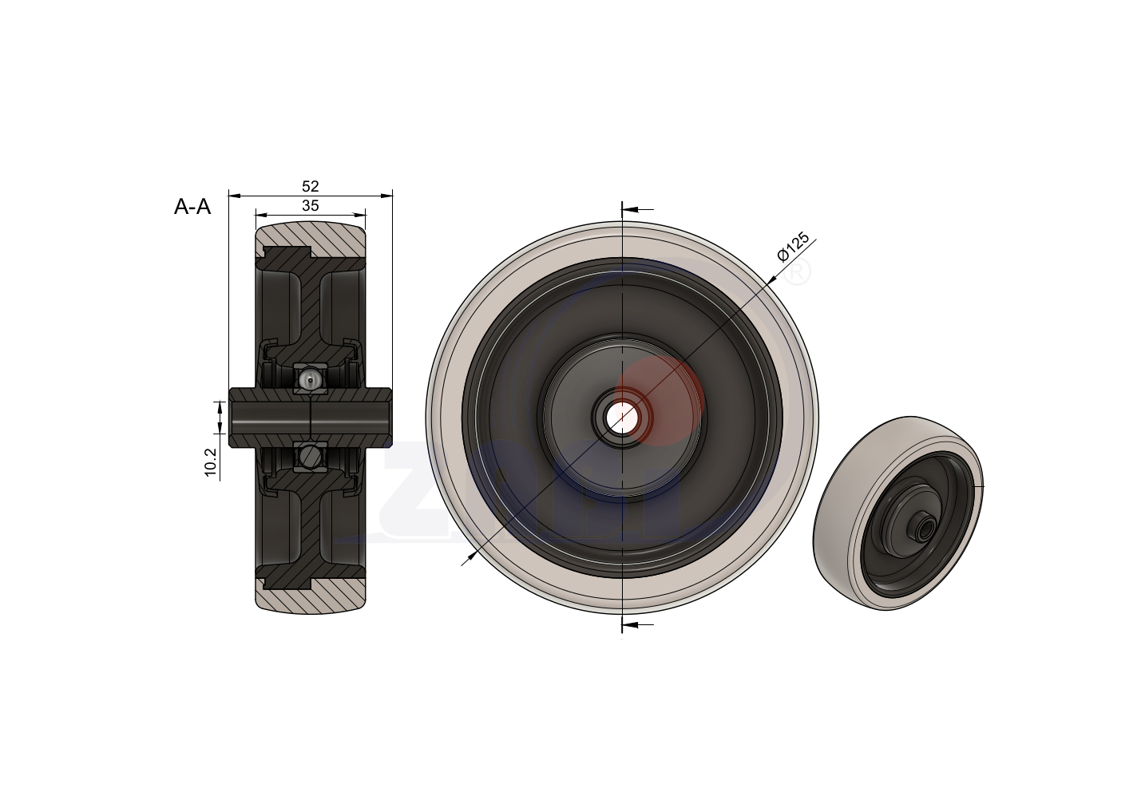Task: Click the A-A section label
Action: [192, 207]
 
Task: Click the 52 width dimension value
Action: [311, 186]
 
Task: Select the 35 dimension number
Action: [311, 206]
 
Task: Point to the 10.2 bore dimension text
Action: [211, 462]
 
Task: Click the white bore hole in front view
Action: [621, 415]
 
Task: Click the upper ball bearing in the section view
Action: [310, 378]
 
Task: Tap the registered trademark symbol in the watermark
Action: [798, 272]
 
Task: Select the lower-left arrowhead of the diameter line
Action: [471, 556]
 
